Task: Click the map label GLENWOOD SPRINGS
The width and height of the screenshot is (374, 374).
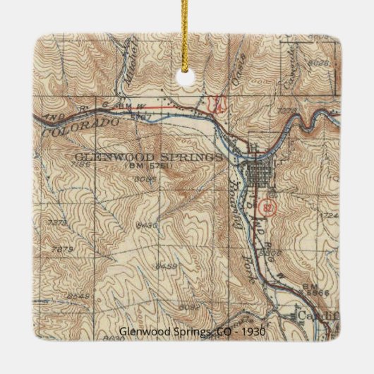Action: [147, 156]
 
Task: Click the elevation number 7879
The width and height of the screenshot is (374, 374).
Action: [63, 248]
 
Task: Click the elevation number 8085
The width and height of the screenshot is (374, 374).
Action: [145, 179]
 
